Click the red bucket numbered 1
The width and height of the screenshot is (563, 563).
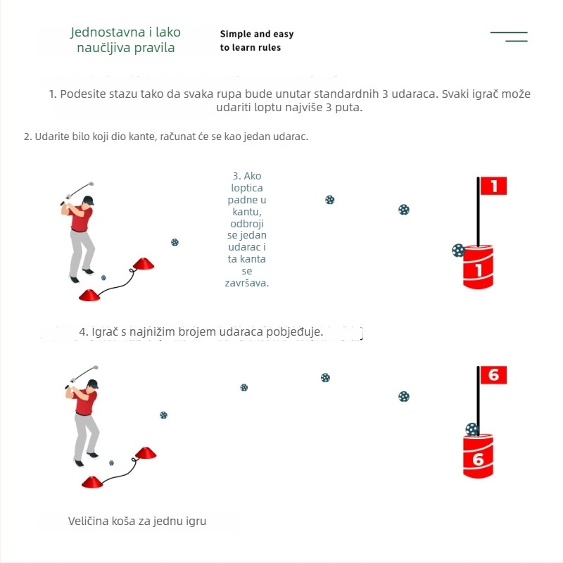click(479, 267)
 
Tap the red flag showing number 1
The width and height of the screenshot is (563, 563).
click(493, 186)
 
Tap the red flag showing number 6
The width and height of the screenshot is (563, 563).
click(493, 375)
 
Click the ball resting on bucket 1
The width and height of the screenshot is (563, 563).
click(459, 250)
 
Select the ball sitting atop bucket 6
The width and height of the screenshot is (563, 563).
click(472, 429)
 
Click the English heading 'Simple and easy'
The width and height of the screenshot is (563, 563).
click(256, 34)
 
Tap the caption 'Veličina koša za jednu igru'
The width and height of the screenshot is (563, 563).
click(137, 521)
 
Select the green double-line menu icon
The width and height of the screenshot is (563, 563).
click(510, 37)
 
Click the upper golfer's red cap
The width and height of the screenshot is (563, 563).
click(87, 200)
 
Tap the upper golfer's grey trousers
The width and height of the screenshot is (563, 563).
click(81, 250)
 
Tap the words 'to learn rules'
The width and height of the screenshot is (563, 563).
click(250, 48)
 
